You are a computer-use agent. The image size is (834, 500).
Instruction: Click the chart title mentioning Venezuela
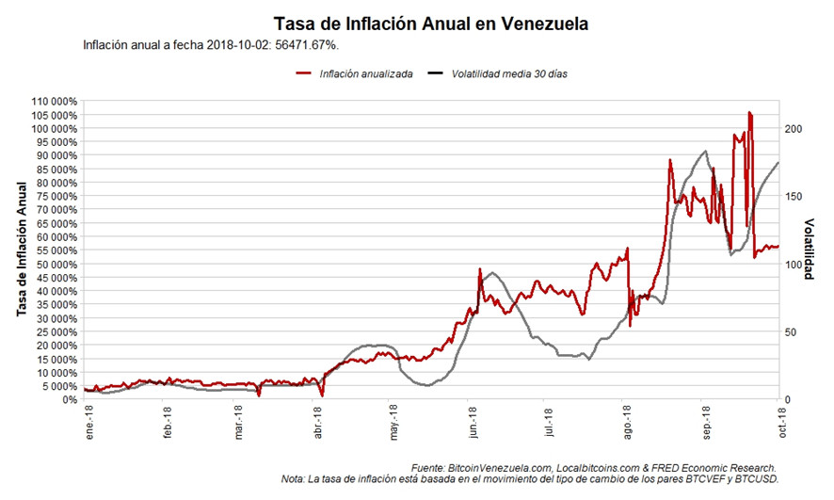(x=430, y=23)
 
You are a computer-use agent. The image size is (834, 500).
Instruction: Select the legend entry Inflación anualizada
(x=365, y=73)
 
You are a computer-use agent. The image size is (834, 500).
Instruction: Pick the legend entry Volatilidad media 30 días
(x=509, y=73)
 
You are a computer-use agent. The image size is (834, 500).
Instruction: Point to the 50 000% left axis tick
(x=55, y=265)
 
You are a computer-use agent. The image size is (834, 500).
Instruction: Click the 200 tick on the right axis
(x=793, y=128)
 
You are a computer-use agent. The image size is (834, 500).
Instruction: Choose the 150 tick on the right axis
(x=793, y=196)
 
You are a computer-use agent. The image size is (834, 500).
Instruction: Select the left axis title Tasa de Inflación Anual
(x=21, y=250)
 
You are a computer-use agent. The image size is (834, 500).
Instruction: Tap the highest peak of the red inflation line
(x=749, y=112)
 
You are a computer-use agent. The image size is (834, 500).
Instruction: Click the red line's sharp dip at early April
(x=322, y=394)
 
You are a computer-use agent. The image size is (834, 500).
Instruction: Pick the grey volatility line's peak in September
(x=705, y=151)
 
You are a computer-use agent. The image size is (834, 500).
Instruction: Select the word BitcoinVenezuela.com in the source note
(x=500, y=468)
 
